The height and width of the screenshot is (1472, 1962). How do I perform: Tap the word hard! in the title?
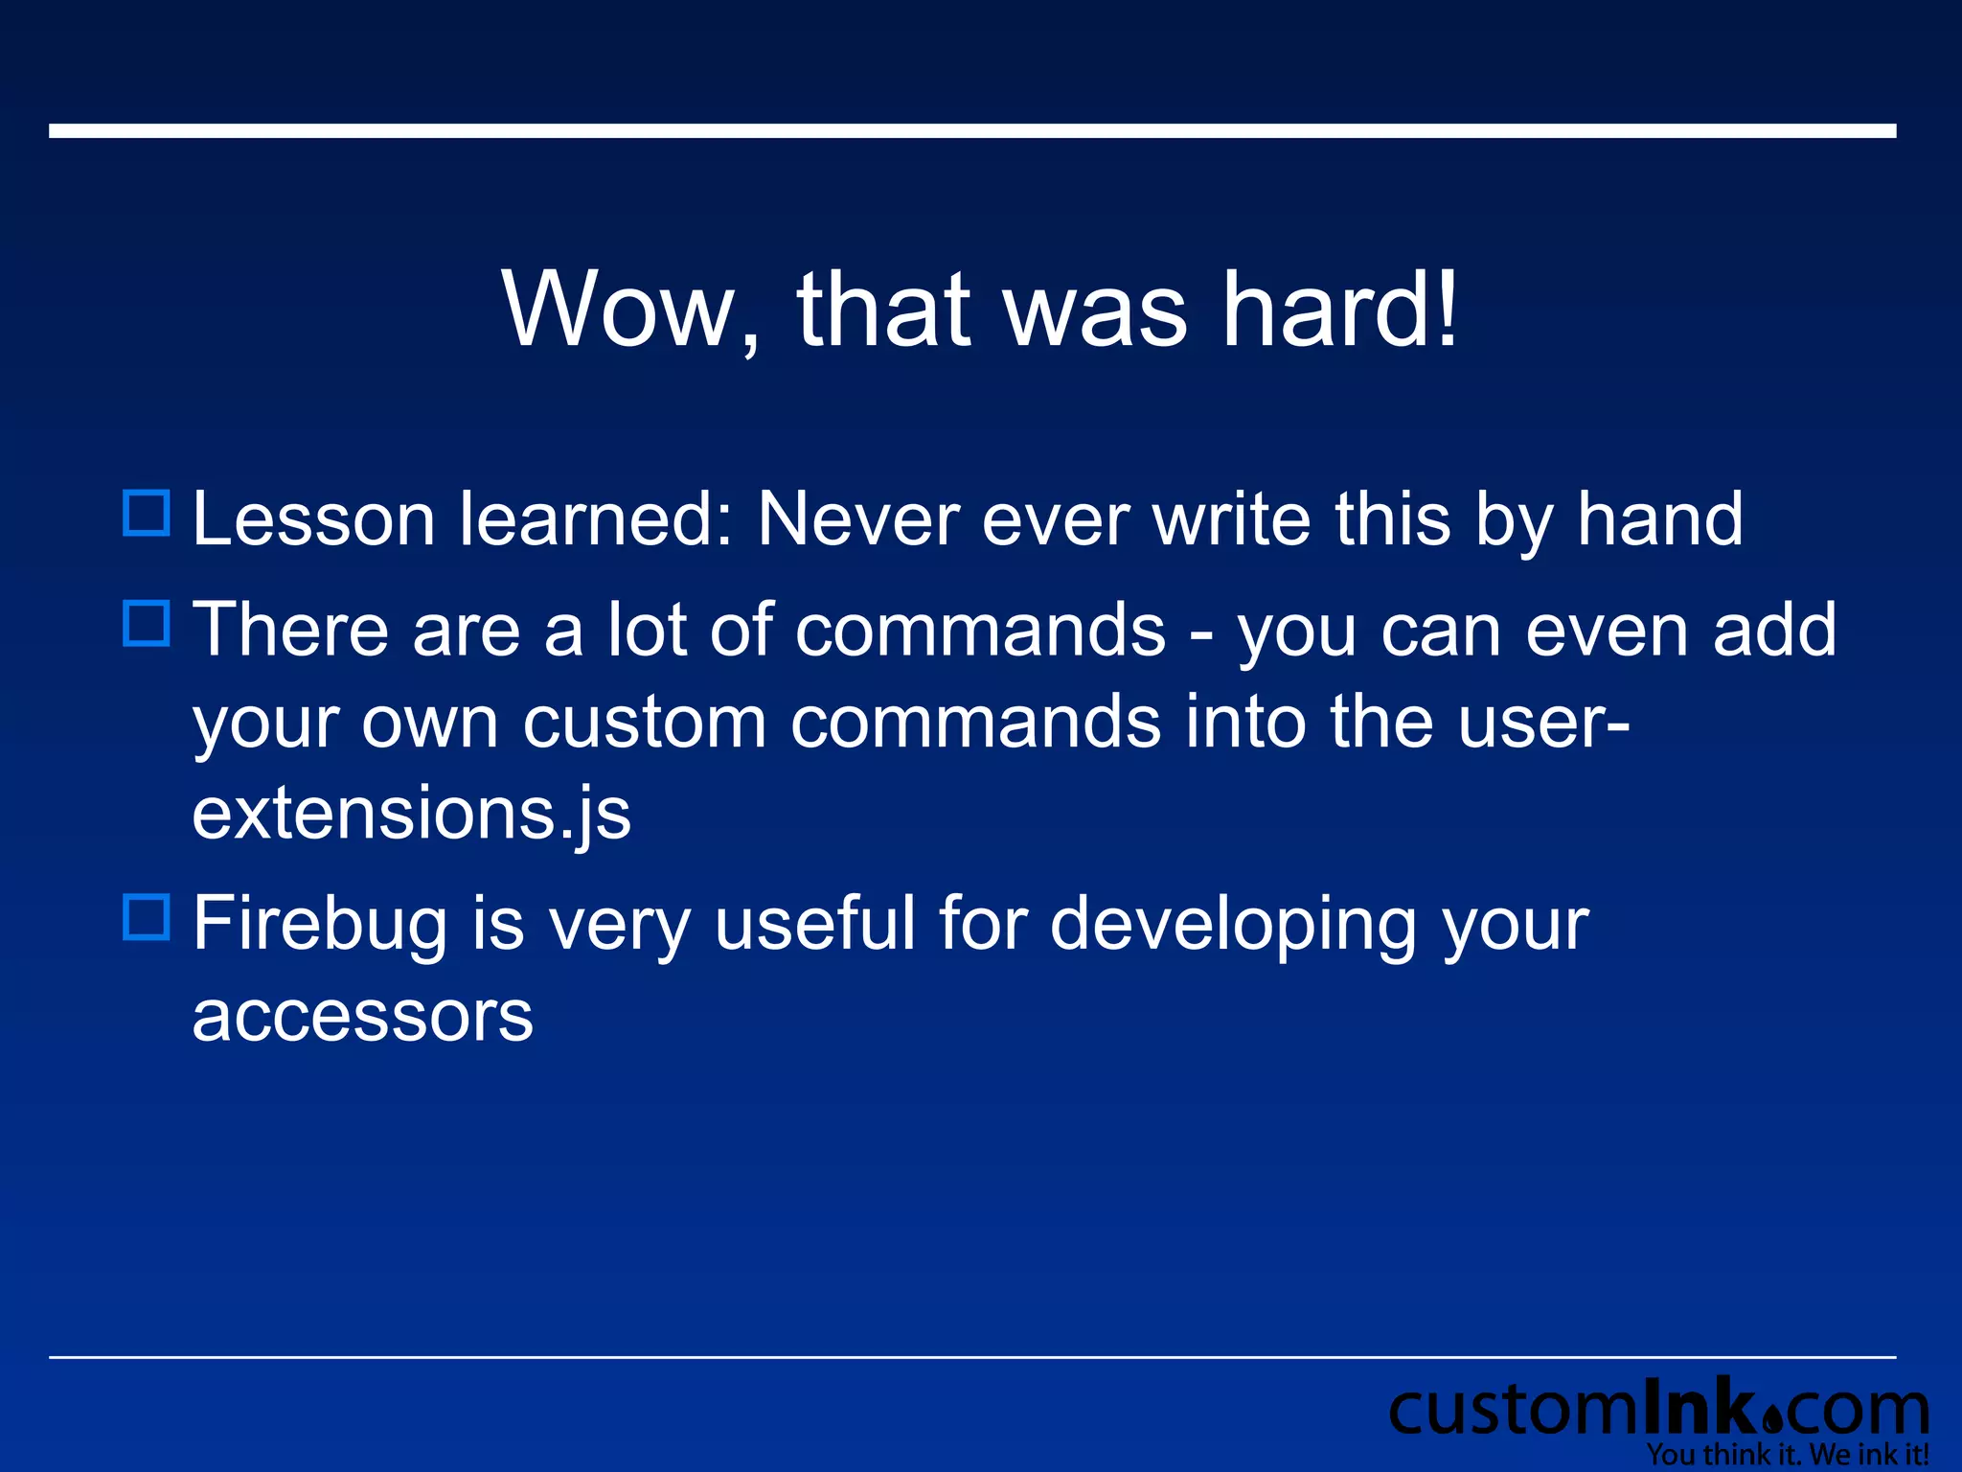(1339, 310)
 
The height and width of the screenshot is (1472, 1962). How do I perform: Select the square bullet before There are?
(147, 623)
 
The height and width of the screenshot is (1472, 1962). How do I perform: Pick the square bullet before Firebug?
(147, 916)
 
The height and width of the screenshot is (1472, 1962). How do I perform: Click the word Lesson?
(313, 519)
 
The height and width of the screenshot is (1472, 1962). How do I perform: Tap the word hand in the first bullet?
(1659, 519)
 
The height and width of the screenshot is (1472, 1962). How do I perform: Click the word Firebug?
(320, 924)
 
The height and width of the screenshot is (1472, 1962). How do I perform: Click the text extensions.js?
(411, 814)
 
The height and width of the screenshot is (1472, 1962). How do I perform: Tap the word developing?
(1232, 924)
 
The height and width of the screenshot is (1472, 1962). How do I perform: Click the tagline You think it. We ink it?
(1788, 1455)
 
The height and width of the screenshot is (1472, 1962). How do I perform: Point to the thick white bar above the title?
(972, 131)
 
